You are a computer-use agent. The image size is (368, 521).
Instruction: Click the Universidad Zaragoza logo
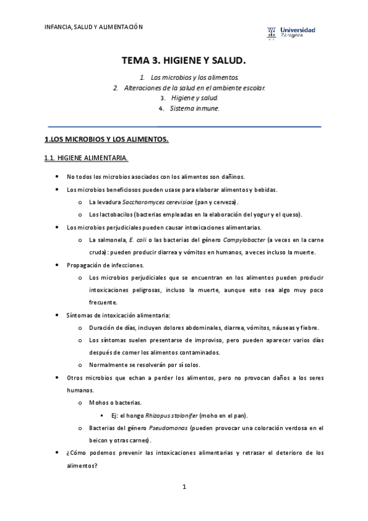tap(292, 32)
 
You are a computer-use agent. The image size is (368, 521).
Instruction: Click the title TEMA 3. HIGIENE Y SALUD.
tap(184, 60)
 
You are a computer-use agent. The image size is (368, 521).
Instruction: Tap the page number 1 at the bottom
tap(184, 487)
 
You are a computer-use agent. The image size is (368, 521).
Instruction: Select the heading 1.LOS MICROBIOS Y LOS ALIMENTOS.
tap(107, 140)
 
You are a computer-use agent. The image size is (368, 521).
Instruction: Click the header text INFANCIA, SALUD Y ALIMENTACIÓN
tap(93, 26)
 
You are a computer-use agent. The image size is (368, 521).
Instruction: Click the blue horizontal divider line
tap(184, 127)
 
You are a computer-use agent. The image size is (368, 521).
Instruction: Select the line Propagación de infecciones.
tap(105, 265)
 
